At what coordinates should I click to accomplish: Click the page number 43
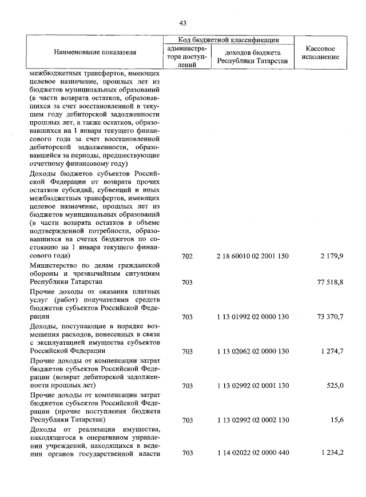tap(183, 23)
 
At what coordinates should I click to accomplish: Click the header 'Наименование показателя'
tap(95, 52)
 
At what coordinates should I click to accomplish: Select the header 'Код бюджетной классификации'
tap(228, 40)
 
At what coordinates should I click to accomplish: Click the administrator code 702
tap(187, 256)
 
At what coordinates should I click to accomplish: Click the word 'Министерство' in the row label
tap(53, 265)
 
